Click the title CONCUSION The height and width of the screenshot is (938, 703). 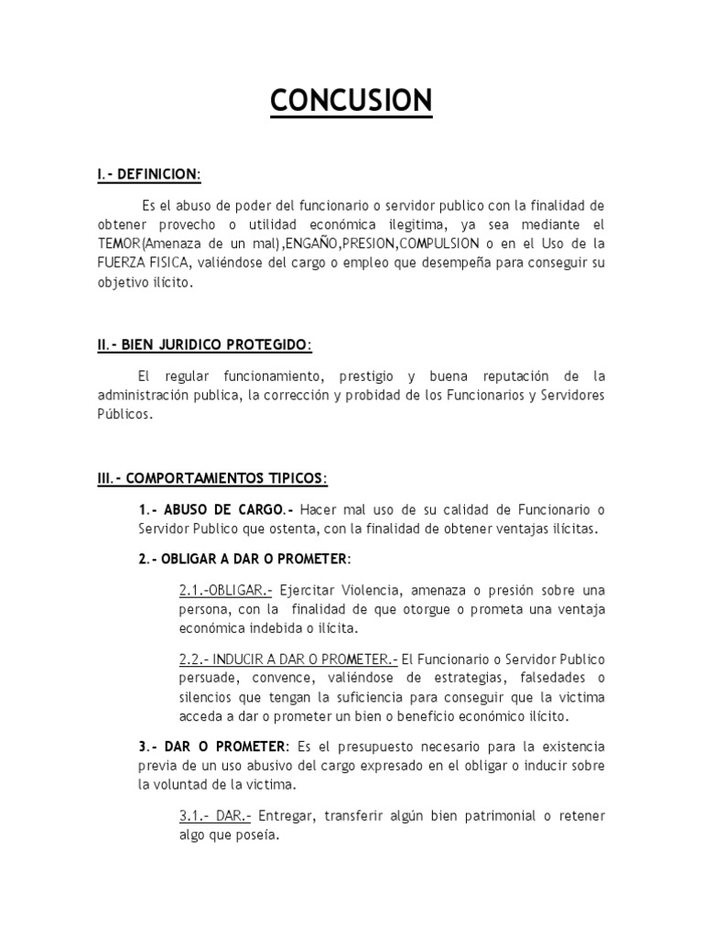(351, 100)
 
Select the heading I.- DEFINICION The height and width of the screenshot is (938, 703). (148, 174)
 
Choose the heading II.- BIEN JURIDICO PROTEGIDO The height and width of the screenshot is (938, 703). (204, 345)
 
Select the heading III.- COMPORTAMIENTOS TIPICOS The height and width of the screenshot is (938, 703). (211, 478)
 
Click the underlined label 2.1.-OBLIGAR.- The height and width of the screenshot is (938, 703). (225, 589)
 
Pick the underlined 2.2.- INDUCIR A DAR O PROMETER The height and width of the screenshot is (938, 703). (288, 660)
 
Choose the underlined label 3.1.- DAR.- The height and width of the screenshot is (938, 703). (215, 816)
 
